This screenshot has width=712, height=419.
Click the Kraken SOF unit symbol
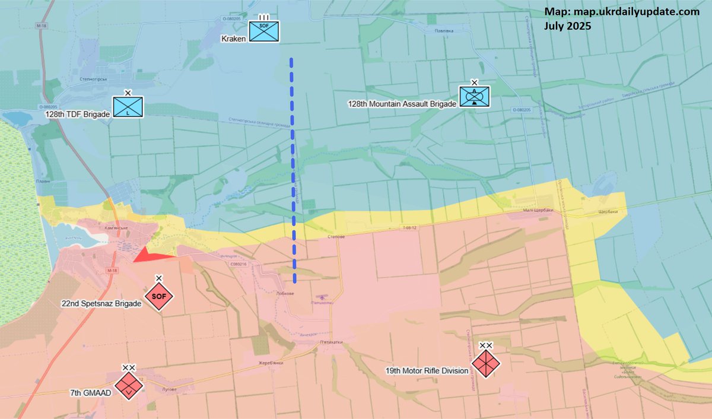tap(264, 31)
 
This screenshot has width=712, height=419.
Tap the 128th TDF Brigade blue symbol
tap(128, 107)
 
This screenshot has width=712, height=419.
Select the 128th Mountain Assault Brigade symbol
tap(475, 96)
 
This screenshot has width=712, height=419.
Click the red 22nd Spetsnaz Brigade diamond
tap(158, 296)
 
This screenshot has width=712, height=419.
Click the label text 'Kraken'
tap(233, 39)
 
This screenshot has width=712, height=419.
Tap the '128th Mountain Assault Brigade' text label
tap(402, 103)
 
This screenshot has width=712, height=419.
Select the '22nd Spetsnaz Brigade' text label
tap(101, 303)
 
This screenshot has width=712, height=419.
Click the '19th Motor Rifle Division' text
tap(427, 371)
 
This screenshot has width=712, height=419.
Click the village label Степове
tap(336, 236)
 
